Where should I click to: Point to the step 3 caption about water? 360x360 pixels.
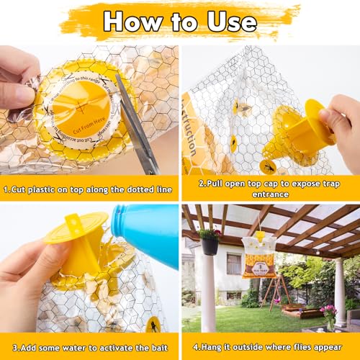(89, 346)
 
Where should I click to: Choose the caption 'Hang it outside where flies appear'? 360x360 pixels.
(270, 346)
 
